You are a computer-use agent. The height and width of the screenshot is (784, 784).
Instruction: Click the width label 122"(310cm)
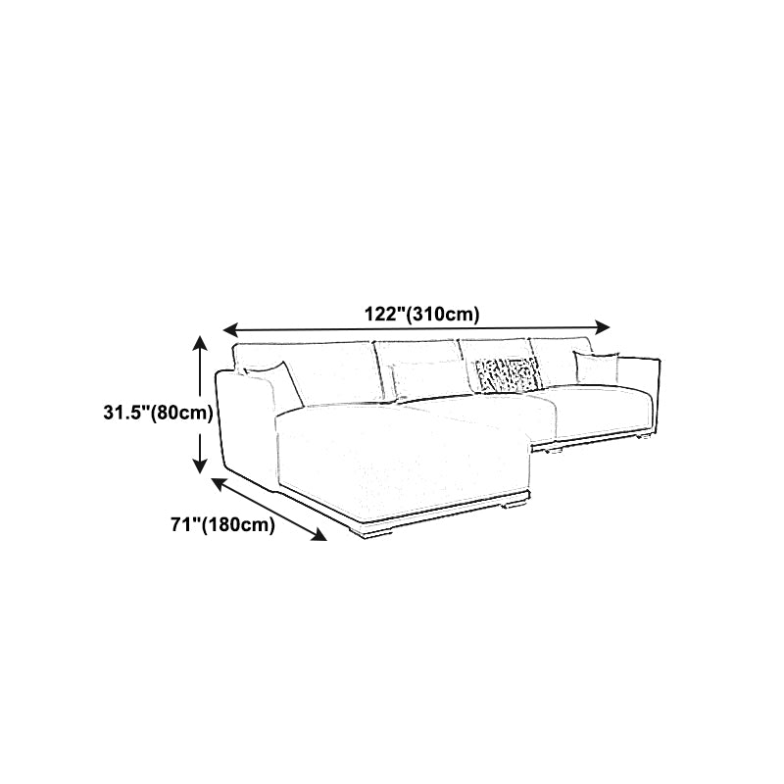[x=421, y=315]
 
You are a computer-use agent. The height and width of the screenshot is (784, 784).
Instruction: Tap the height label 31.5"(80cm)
[x=158, y=413]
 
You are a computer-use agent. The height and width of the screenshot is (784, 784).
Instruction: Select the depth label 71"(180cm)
[x=223, y=524]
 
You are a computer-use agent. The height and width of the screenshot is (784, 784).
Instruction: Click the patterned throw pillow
[x=507, y=374]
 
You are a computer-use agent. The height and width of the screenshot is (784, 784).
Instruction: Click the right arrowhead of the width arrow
[x=603, y=327]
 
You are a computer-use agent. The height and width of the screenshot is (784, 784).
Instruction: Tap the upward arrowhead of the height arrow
[x=200, y=344]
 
